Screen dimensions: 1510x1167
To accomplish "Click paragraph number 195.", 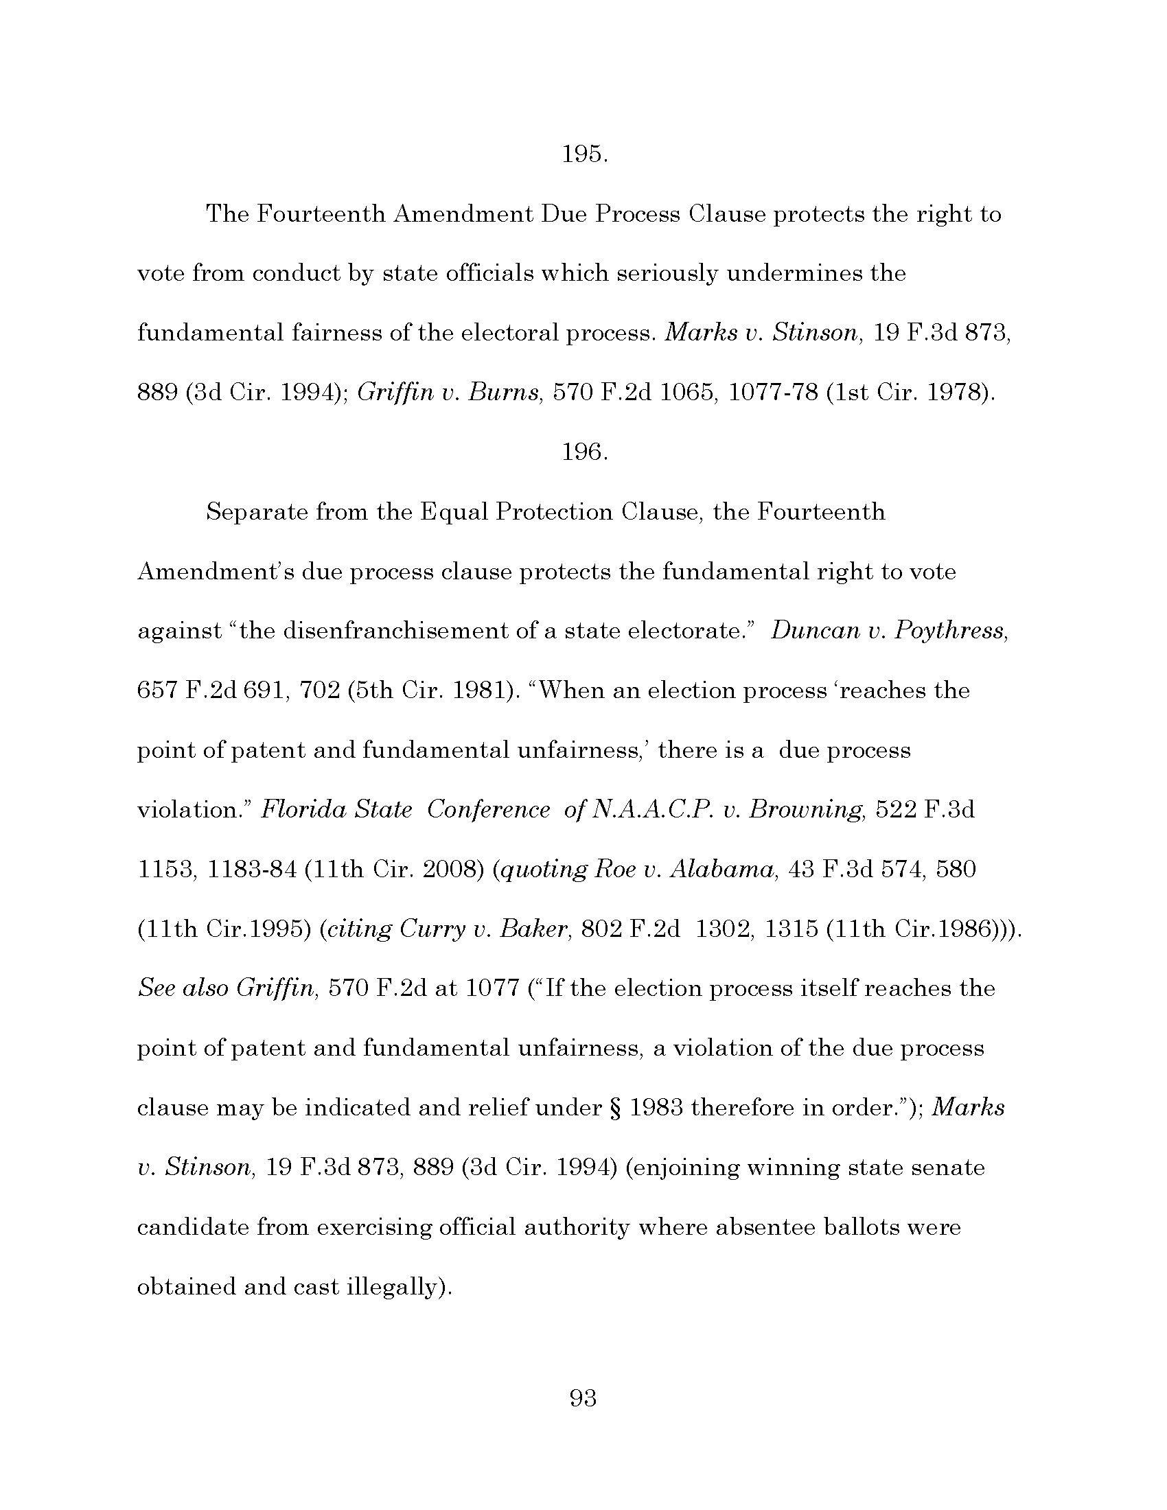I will pos(584,155).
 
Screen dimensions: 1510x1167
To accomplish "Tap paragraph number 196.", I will pos(584,453).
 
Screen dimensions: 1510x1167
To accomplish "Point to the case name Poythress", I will pos(950,631).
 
